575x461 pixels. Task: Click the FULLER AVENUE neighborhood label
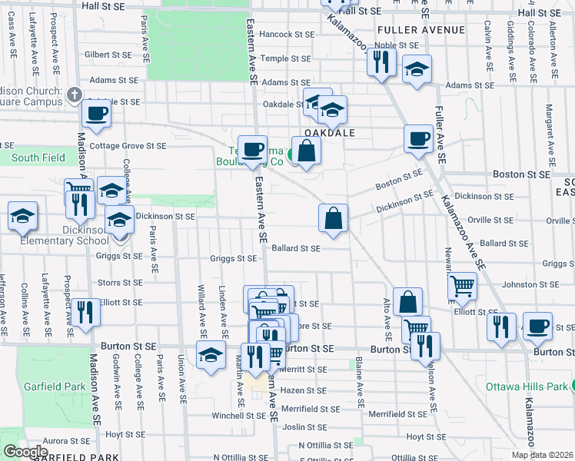(421, 30)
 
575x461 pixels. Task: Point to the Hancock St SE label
(287, 35)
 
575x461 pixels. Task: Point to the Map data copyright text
(543, 455)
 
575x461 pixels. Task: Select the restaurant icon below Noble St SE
(381, 61)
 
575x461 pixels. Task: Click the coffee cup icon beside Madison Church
(97, 114)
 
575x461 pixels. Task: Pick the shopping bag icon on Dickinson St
(334, 217)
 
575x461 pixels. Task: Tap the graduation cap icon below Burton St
(210, 355)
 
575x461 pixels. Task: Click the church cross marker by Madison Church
(74, 95)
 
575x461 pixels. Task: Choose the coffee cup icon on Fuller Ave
(418, 139)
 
